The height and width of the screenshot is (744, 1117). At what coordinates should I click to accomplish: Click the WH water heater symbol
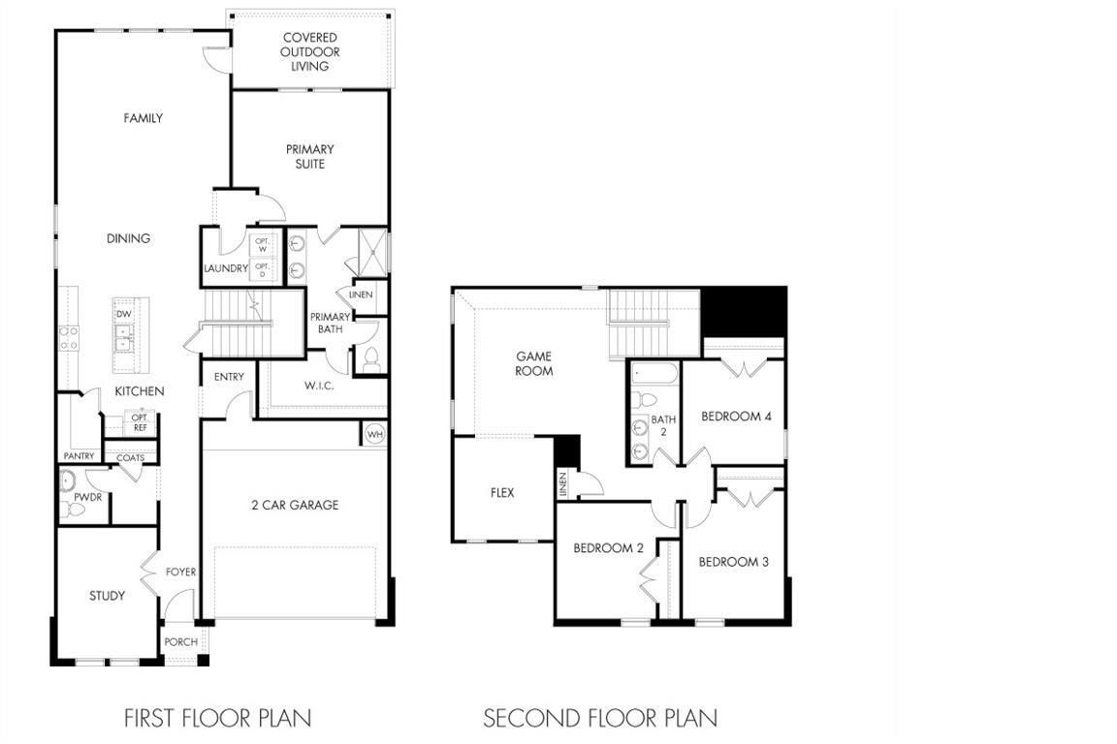click(x=374, y=434)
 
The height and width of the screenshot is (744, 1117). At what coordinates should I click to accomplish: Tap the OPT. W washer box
click(x=262, y=246)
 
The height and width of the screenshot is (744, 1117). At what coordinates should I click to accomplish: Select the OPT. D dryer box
click(x=262, y=270)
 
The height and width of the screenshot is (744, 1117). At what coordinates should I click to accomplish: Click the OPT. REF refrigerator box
click(x=140, y=423)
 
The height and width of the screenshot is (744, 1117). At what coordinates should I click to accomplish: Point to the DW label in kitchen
click(x=124, y=314)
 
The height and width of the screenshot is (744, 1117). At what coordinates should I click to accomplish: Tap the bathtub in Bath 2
click(x=654, y=374)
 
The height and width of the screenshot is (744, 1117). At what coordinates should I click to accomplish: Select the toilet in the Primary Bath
click(x=371, y=359)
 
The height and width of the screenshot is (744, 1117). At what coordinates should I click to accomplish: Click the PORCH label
click(x=181, y=641)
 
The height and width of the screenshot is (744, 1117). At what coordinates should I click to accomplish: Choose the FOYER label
click(x=181, y=572)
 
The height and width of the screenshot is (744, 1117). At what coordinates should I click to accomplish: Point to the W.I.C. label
click(x=319, y=386)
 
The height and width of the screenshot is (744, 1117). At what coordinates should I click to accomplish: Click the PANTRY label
click(x=80, y=455)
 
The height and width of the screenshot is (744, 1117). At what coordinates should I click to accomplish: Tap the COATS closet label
click(x=130, y=458)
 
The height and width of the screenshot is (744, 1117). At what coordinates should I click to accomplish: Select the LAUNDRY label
click(x=226, y=268)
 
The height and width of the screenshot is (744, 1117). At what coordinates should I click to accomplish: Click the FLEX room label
click(x=502, y=493)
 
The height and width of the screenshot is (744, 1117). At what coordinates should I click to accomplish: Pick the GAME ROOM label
click(x=534, y=363)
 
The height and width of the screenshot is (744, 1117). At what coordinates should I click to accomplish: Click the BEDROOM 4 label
click(x=737, y=417)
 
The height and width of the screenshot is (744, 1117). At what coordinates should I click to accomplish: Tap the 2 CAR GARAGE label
click(x=295, y=505)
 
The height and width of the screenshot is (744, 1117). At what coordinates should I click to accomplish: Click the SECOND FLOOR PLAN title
click(x=600, y=718)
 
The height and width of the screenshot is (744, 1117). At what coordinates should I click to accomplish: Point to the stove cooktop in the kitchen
click(x=69, y=338)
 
